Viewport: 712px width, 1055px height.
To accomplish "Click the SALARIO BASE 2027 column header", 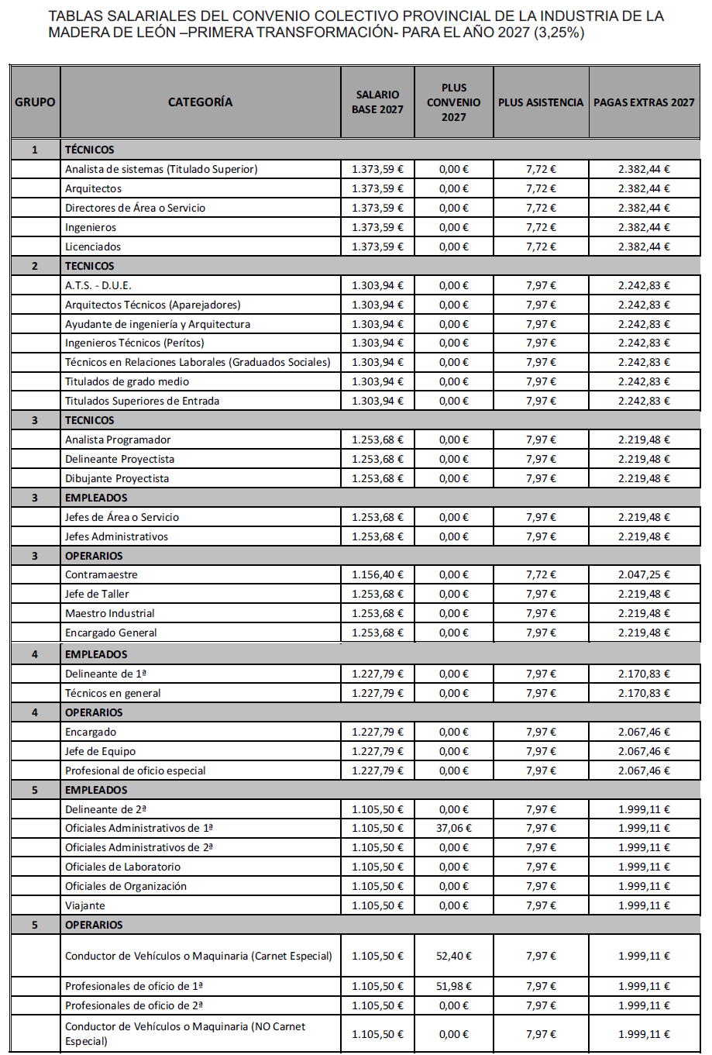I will coord(377,102).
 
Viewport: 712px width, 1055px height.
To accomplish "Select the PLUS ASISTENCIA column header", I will coord(541,102).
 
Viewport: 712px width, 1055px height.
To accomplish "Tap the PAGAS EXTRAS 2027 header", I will coord(644,102).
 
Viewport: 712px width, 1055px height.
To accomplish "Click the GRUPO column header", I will coord(35,102).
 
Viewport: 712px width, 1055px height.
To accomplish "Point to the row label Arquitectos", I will coord(93,188).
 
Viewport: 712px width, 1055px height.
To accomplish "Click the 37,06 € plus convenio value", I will coord(453,828).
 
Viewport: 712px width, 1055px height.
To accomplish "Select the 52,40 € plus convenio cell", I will coord(453,956).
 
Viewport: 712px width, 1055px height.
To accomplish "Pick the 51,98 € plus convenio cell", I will coord(453,986).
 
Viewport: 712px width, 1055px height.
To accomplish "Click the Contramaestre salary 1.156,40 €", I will coord(377,574).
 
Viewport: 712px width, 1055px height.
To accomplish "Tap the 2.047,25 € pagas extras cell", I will coord(644,574).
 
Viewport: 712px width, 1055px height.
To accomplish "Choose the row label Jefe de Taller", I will coord(97,594).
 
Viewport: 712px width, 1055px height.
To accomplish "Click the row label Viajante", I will coord(85,905).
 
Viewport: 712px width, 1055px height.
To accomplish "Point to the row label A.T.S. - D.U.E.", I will coord(98,285).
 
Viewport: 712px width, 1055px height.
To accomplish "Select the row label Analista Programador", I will coord(118,440).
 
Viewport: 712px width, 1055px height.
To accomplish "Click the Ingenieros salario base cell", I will coord(377,227).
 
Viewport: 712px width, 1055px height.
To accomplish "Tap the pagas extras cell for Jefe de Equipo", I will coord(644,751).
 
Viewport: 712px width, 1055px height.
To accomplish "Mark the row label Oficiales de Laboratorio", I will coord(122,867).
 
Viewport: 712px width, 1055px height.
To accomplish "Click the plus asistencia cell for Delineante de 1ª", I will coord(541,674).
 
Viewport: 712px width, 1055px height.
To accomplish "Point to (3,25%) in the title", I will coord(559,33).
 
